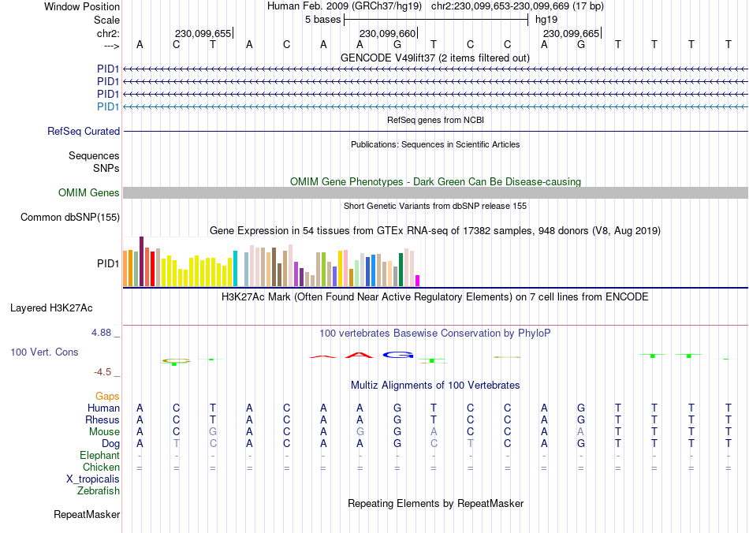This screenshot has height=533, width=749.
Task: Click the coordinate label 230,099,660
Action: point(386,33)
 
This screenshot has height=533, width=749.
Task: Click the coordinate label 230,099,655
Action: point(203,33)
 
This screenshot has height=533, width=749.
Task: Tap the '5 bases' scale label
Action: point(322,19)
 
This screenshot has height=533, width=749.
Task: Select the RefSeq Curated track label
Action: point(84,132)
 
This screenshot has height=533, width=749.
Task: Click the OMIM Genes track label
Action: point(89,192)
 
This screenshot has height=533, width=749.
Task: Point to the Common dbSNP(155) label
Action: point(70,217)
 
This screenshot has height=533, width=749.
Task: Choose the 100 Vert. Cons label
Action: point(44,352)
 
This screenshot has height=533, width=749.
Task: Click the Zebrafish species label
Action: point(99,490)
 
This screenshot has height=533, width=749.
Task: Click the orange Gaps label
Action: point(107,396)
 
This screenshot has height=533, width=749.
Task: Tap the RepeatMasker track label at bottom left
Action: point(87,515)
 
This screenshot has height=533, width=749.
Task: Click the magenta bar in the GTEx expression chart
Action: point(418,280)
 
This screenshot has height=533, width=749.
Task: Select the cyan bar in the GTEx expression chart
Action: point(235,268)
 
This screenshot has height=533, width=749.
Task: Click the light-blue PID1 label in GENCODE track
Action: point(108,106)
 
